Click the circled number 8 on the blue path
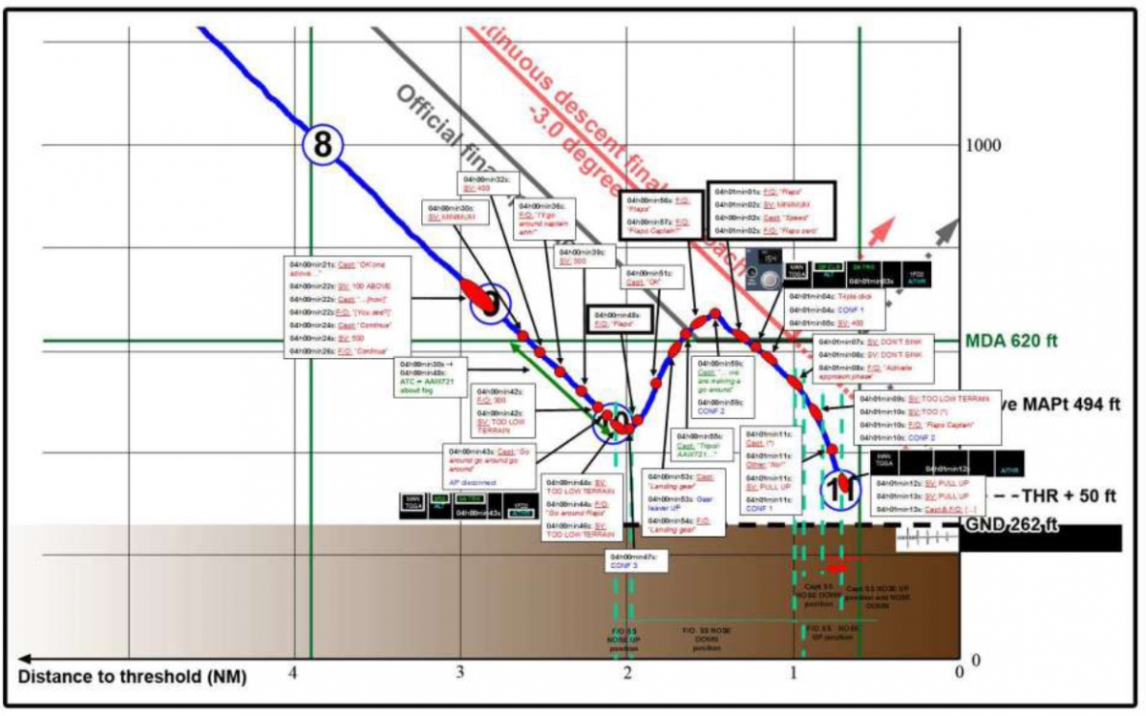tap(323, 145)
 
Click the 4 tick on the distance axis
tap(293, 672)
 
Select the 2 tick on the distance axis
tap(627, 672)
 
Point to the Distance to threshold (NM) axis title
tap(133, 678)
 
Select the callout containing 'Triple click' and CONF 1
tap(835, 309)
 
